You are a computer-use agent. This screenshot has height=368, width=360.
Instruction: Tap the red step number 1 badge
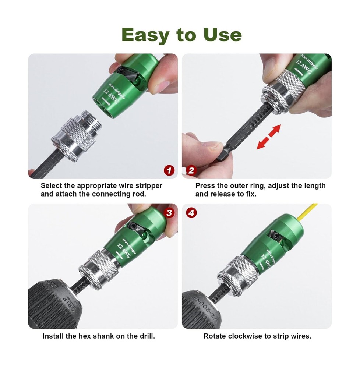coord(169,170)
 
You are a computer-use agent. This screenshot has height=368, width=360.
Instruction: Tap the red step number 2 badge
coord(191,170)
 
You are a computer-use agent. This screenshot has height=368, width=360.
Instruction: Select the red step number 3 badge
coord(169,213)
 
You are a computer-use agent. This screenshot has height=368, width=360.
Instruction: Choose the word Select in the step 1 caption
coord(52,185)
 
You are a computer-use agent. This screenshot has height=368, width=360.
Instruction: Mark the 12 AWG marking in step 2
coord(304,67)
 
